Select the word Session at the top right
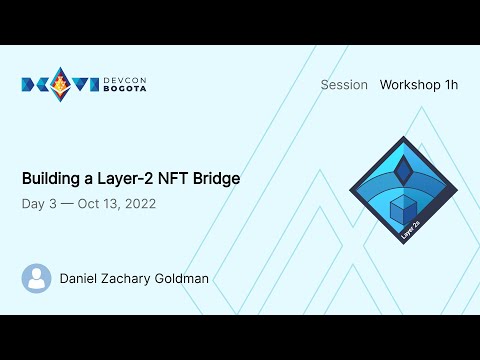coord(344,85)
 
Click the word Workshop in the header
coord(410,85)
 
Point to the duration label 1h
coord(450,85)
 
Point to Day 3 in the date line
coord(38,204)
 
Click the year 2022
coord(136,204)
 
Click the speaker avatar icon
coord(37,278)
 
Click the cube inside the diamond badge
coord(402,207)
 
